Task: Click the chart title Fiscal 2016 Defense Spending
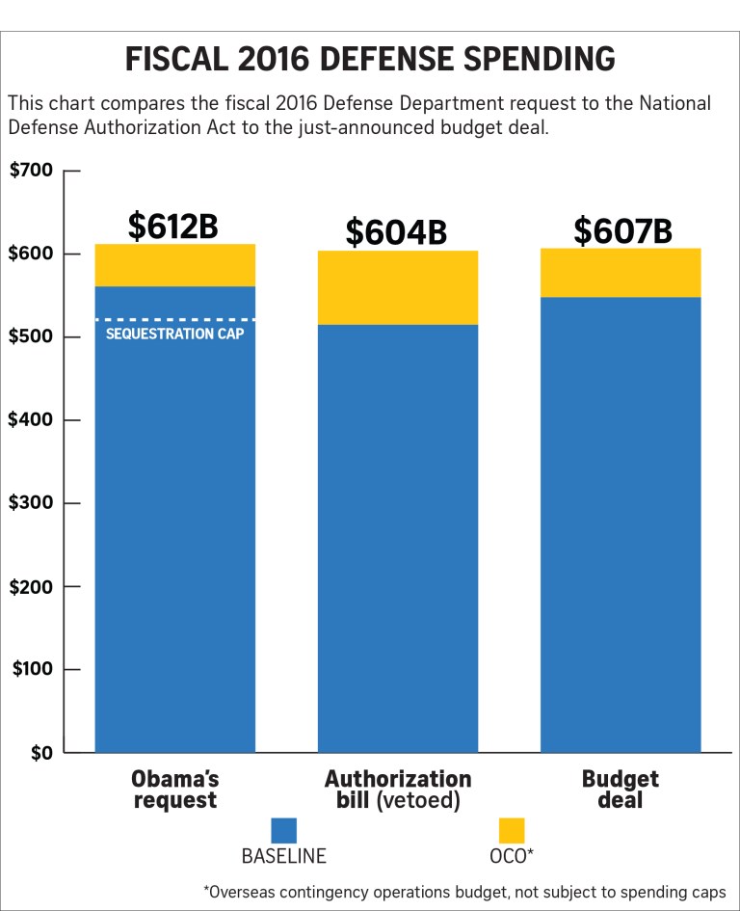pyautogui.click(x=370, y=59)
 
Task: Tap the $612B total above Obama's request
pyautogui.click(x=173, y=226)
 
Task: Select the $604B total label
pyautogui.click(x=396, y=232)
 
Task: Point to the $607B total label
pyautogui.click(x=622, y=230)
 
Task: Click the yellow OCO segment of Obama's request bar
pyautogui.click(x=174, y=265)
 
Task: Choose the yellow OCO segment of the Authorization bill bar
pyautogui.click(x=397, y=287)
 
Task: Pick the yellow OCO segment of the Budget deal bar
pyautogui.click(x=620, y=273)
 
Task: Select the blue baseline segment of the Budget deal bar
pyautogui.click(x=620, y=524)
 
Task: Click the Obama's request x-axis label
pyautogui.click(x=173, y=790)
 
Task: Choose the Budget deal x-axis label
pyautogui.click(x=621, y=790)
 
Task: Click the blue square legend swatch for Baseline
pyautogui.click(x=283, y=831)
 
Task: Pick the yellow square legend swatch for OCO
pyautogui.click(x=512, y=831)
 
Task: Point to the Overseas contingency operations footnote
pyautogui.click(x=464, y=892)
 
